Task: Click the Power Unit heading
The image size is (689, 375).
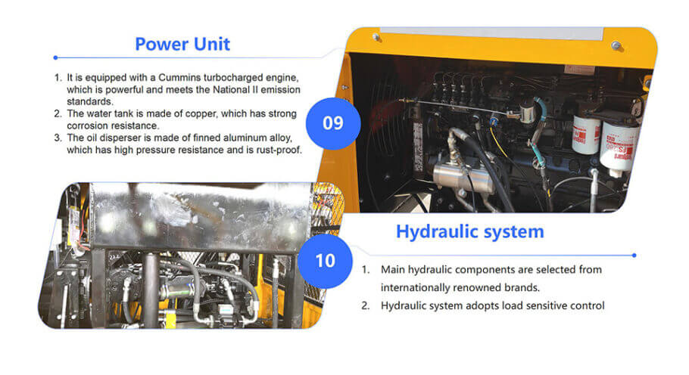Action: coord(182,44)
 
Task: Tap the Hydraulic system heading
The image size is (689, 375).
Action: coord(469,231)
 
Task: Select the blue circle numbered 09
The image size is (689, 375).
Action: coord(333,123)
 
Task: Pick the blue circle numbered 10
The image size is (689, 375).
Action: coord(325,261)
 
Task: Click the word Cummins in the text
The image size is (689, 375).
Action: coord(179,78)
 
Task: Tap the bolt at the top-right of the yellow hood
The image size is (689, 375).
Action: coord(616,45)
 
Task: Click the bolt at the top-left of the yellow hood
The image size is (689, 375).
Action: coord(376,37)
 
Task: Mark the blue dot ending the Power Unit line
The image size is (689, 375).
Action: coord(55,57)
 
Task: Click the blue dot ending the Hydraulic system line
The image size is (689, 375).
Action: coord(634,256)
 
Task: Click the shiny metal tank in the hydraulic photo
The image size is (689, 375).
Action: coord(200,217)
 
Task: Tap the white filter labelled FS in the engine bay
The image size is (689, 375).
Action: coord(619,146)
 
